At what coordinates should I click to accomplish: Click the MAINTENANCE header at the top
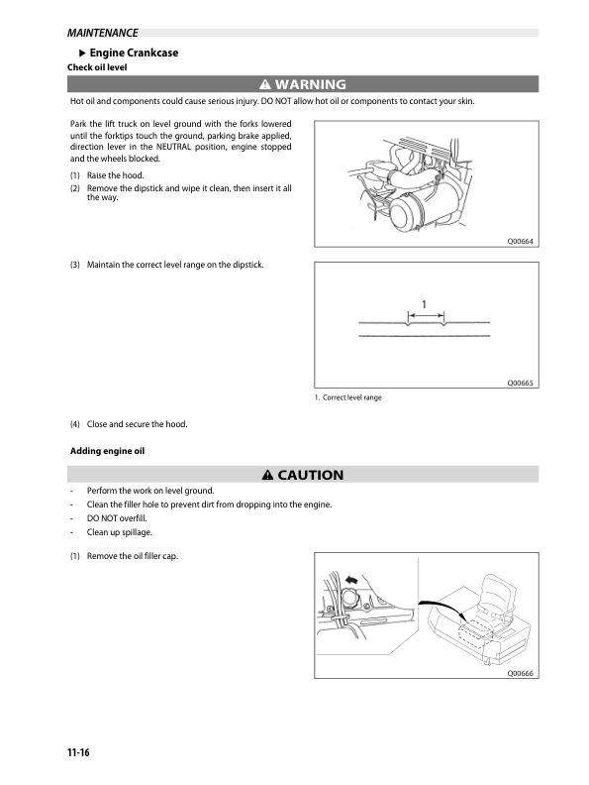coord(96,34)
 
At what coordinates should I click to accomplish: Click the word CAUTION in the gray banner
coord(310,475)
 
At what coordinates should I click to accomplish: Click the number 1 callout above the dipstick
coord(425,302)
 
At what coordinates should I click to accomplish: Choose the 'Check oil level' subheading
coord(96,67)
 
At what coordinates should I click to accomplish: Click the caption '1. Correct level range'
coord(347,398)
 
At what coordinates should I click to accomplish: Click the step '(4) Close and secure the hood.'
coord(129,424)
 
